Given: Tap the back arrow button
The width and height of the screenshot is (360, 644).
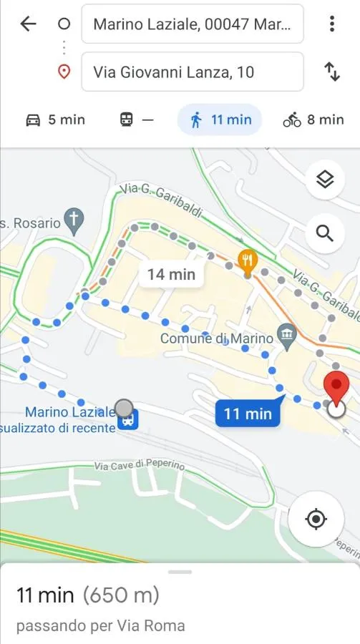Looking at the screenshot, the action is [x=28, y=24].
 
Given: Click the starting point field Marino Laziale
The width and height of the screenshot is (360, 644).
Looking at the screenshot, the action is [x=192, y=24].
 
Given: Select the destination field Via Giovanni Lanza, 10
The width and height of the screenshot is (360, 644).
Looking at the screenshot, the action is [x=192, y=72].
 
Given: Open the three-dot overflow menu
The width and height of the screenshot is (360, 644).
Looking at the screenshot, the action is [x=332, y=24].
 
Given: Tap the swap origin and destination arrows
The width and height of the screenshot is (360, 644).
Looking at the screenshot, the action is [x=332, y=72].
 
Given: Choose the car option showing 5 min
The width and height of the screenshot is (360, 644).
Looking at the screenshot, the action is [x=55, y=119].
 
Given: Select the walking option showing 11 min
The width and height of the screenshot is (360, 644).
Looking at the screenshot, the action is [x=220, y=119].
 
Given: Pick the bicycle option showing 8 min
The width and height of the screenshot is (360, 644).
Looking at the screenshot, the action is [x=313, y=119].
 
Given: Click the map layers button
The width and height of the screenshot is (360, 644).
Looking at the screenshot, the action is [x=325, y=180].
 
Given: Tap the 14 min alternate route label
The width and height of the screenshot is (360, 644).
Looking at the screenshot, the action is [x=171, y=273].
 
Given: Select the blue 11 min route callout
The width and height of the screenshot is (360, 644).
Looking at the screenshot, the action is [x=247, y=413].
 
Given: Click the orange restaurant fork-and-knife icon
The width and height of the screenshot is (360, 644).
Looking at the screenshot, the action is [x=248, y=258].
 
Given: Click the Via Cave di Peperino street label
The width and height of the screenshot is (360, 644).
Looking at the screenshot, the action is [x=139, y=465].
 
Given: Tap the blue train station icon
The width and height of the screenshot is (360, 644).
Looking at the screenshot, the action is [x=128, y=420].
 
